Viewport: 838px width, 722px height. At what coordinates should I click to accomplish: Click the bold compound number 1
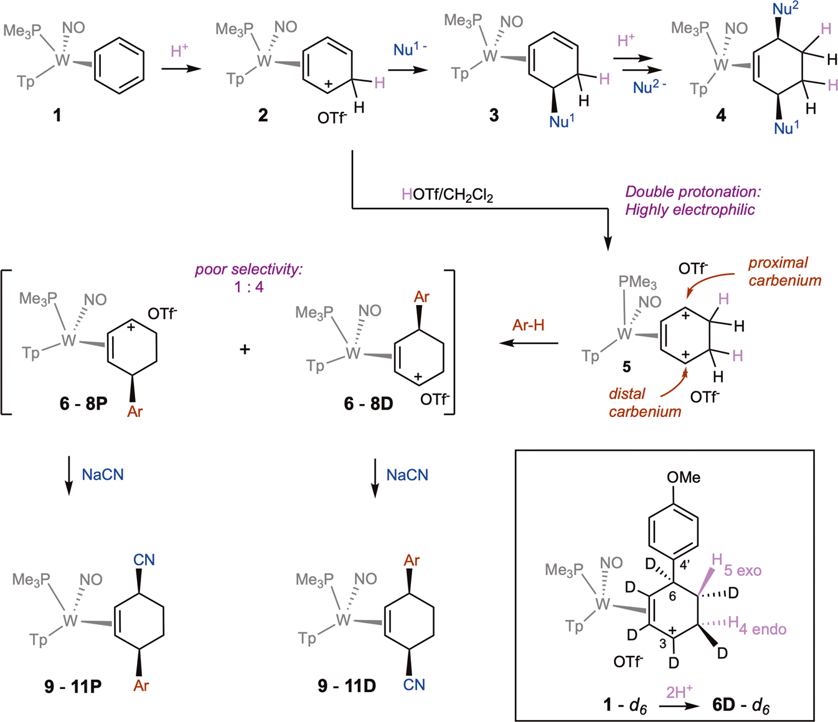(57, 115)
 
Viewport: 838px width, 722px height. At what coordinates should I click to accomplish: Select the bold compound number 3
(494, 115)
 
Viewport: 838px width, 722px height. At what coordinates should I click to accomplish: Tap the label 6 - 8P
(84, 403)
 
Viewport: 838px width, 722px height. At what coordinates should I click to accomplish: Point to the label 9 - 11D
(347, 686)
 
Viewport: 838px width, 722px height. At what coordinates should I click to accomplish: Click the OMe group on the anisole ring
(683, 477)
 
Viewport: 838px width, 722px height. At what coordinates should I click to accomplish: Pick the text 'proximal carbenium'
(784, 271)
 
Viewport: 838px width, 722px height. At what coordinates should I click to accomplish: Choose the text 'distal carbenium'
(645, 402)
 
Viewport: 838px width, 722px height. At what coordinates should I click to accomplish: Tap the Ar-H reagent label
(529, 325)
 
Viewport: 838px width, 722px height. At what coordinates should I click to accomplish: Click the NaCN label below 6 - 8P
(103, 475)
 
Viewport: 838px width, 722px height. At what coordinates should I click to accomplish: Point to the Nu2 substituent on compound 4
(783, 9)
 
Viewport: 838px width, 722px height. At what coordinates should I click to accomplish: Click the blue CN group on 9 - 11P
(144, 560)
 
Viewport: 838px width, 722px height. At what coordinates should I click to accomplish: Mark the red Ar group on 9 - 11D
(412, 560)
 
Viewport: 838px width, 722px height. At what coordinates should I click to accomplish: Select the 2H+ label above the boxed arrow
(679, 692)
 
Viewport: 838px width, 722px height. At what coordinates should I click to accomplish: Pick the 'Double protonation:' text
(693, 192)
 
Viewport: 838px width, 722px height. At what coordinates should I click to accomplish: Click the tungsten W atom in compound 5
(624, 334)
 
